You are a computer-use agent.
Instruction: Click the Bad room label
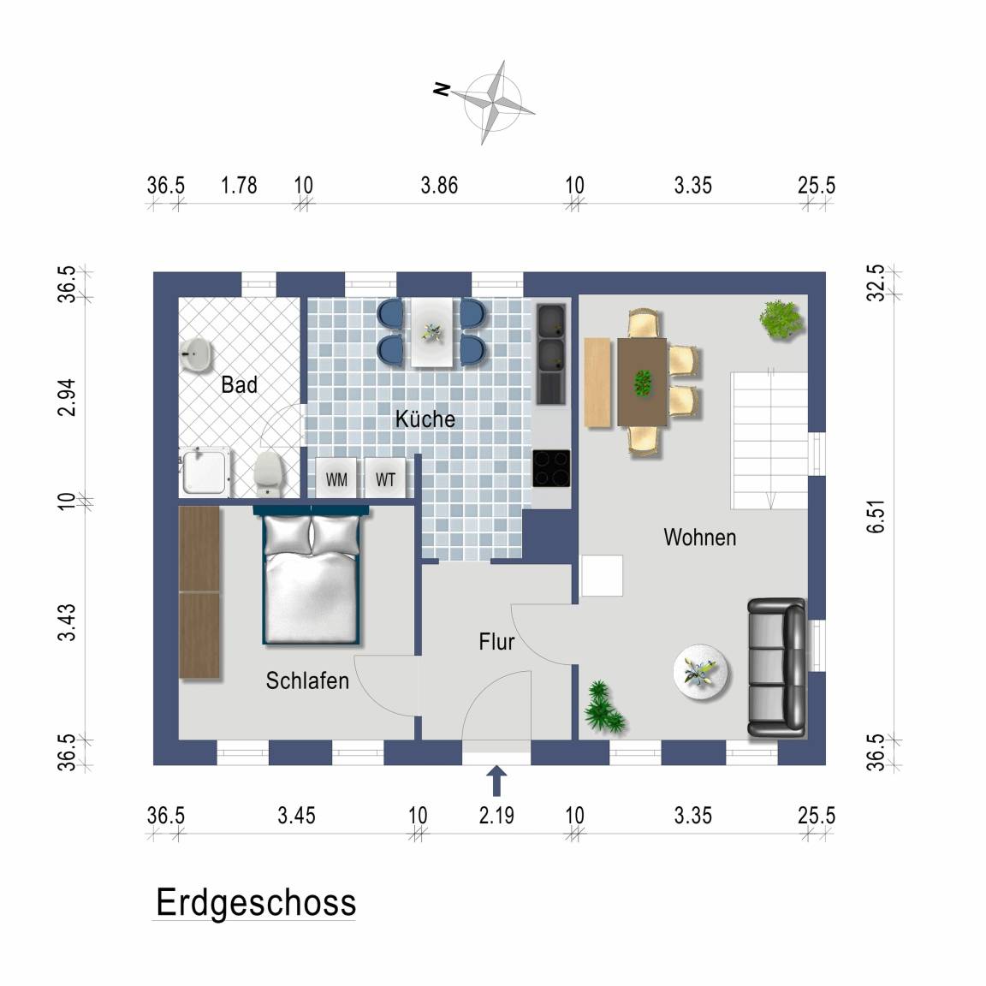pos(239,384)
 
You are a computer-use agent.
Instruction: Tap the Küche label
pos(425,419)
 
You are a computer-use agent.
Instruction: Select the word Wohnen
pos(700,538)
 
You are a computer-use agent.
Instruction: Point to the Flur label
pos(496,642)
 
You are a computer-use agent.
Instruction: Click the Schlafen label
pos(307,680)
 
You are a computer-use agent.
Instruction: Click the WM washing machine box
pos(336,479)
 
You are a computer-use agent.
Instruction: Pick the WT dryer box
pos(385,479)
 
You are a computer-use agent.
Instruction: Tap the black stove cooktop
pos(551,468)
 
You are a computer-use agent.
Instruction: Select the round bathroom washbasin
pos(196,355)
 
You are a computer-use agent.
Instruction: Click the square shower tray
pos(204,472)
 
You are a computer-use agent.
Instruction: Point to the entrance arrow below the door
pos(496,781)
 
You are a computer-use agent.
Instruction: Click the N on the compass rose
pos(442,89)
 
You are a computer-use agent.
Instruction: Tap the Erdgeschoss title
pos(256,903)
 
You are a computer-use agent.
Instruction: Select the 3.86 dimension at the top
pos(439,186)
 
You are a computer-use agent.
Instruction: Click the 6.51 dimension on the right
pos(876,517)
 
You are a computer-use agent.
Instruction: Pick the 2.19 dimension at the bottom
pos(496,816)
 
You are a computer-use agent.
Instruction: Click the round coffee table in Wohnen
pos(700,672)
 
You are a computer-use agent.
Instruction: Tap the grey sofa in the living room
pos(776,668)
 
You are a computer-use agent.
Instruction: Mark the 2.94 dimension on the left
pos(67,397)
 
